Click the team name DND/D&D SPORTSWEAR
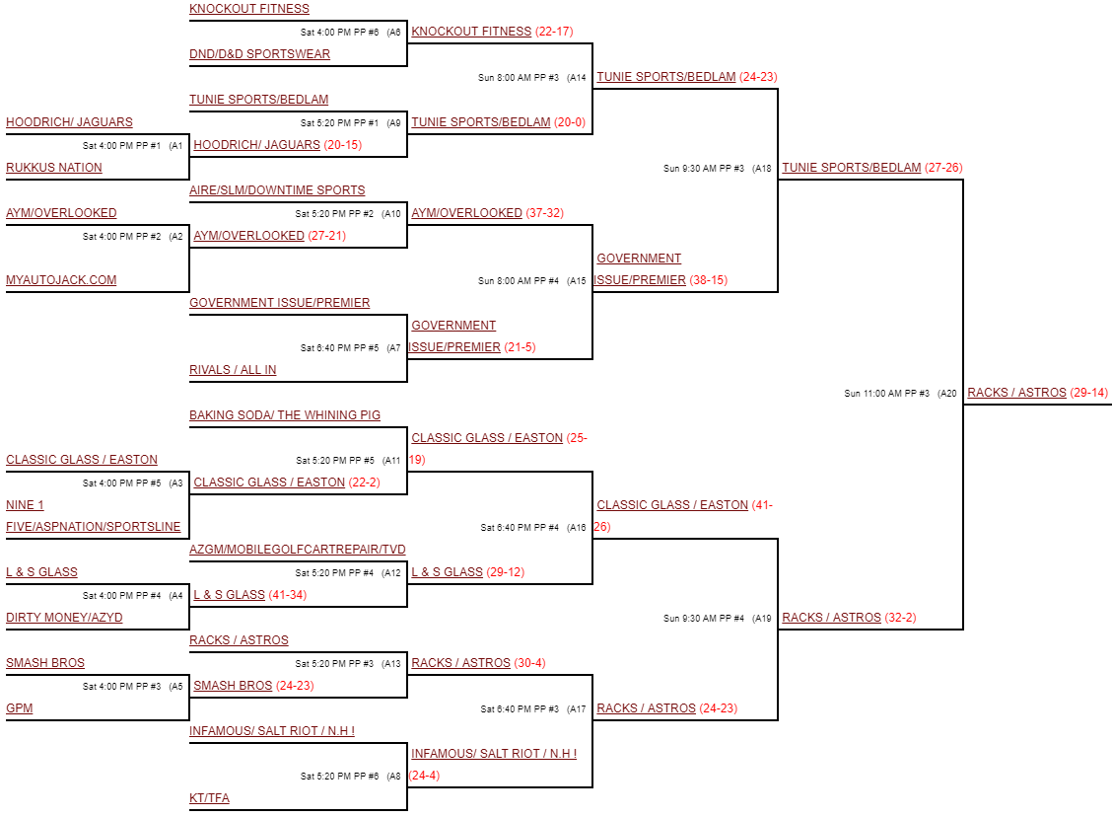259,54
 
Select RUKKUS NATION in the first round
54,168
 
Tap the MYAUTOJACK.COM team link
61,280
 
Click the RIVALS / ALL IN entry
233,370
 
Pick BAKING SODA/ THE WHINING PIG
285,415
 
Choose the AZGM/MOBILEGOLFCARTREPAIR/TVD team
298,550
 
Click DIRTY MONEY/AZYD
64,618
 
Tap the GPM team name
19,708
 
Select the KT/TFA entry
209,798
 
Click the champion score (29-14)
1088,393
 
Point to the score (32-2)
900,618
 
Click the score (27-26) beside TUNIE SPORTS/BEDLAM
943,168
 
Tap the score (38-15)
708,280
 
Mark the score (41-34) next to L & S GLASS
289,595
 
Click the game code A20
947,394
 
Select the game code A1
176,146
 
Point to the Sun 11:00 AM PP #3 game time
886,394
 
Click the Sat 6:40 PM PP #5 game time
339,348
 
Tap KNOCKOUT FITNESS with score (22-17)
471,32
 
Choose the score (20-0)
570,122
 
